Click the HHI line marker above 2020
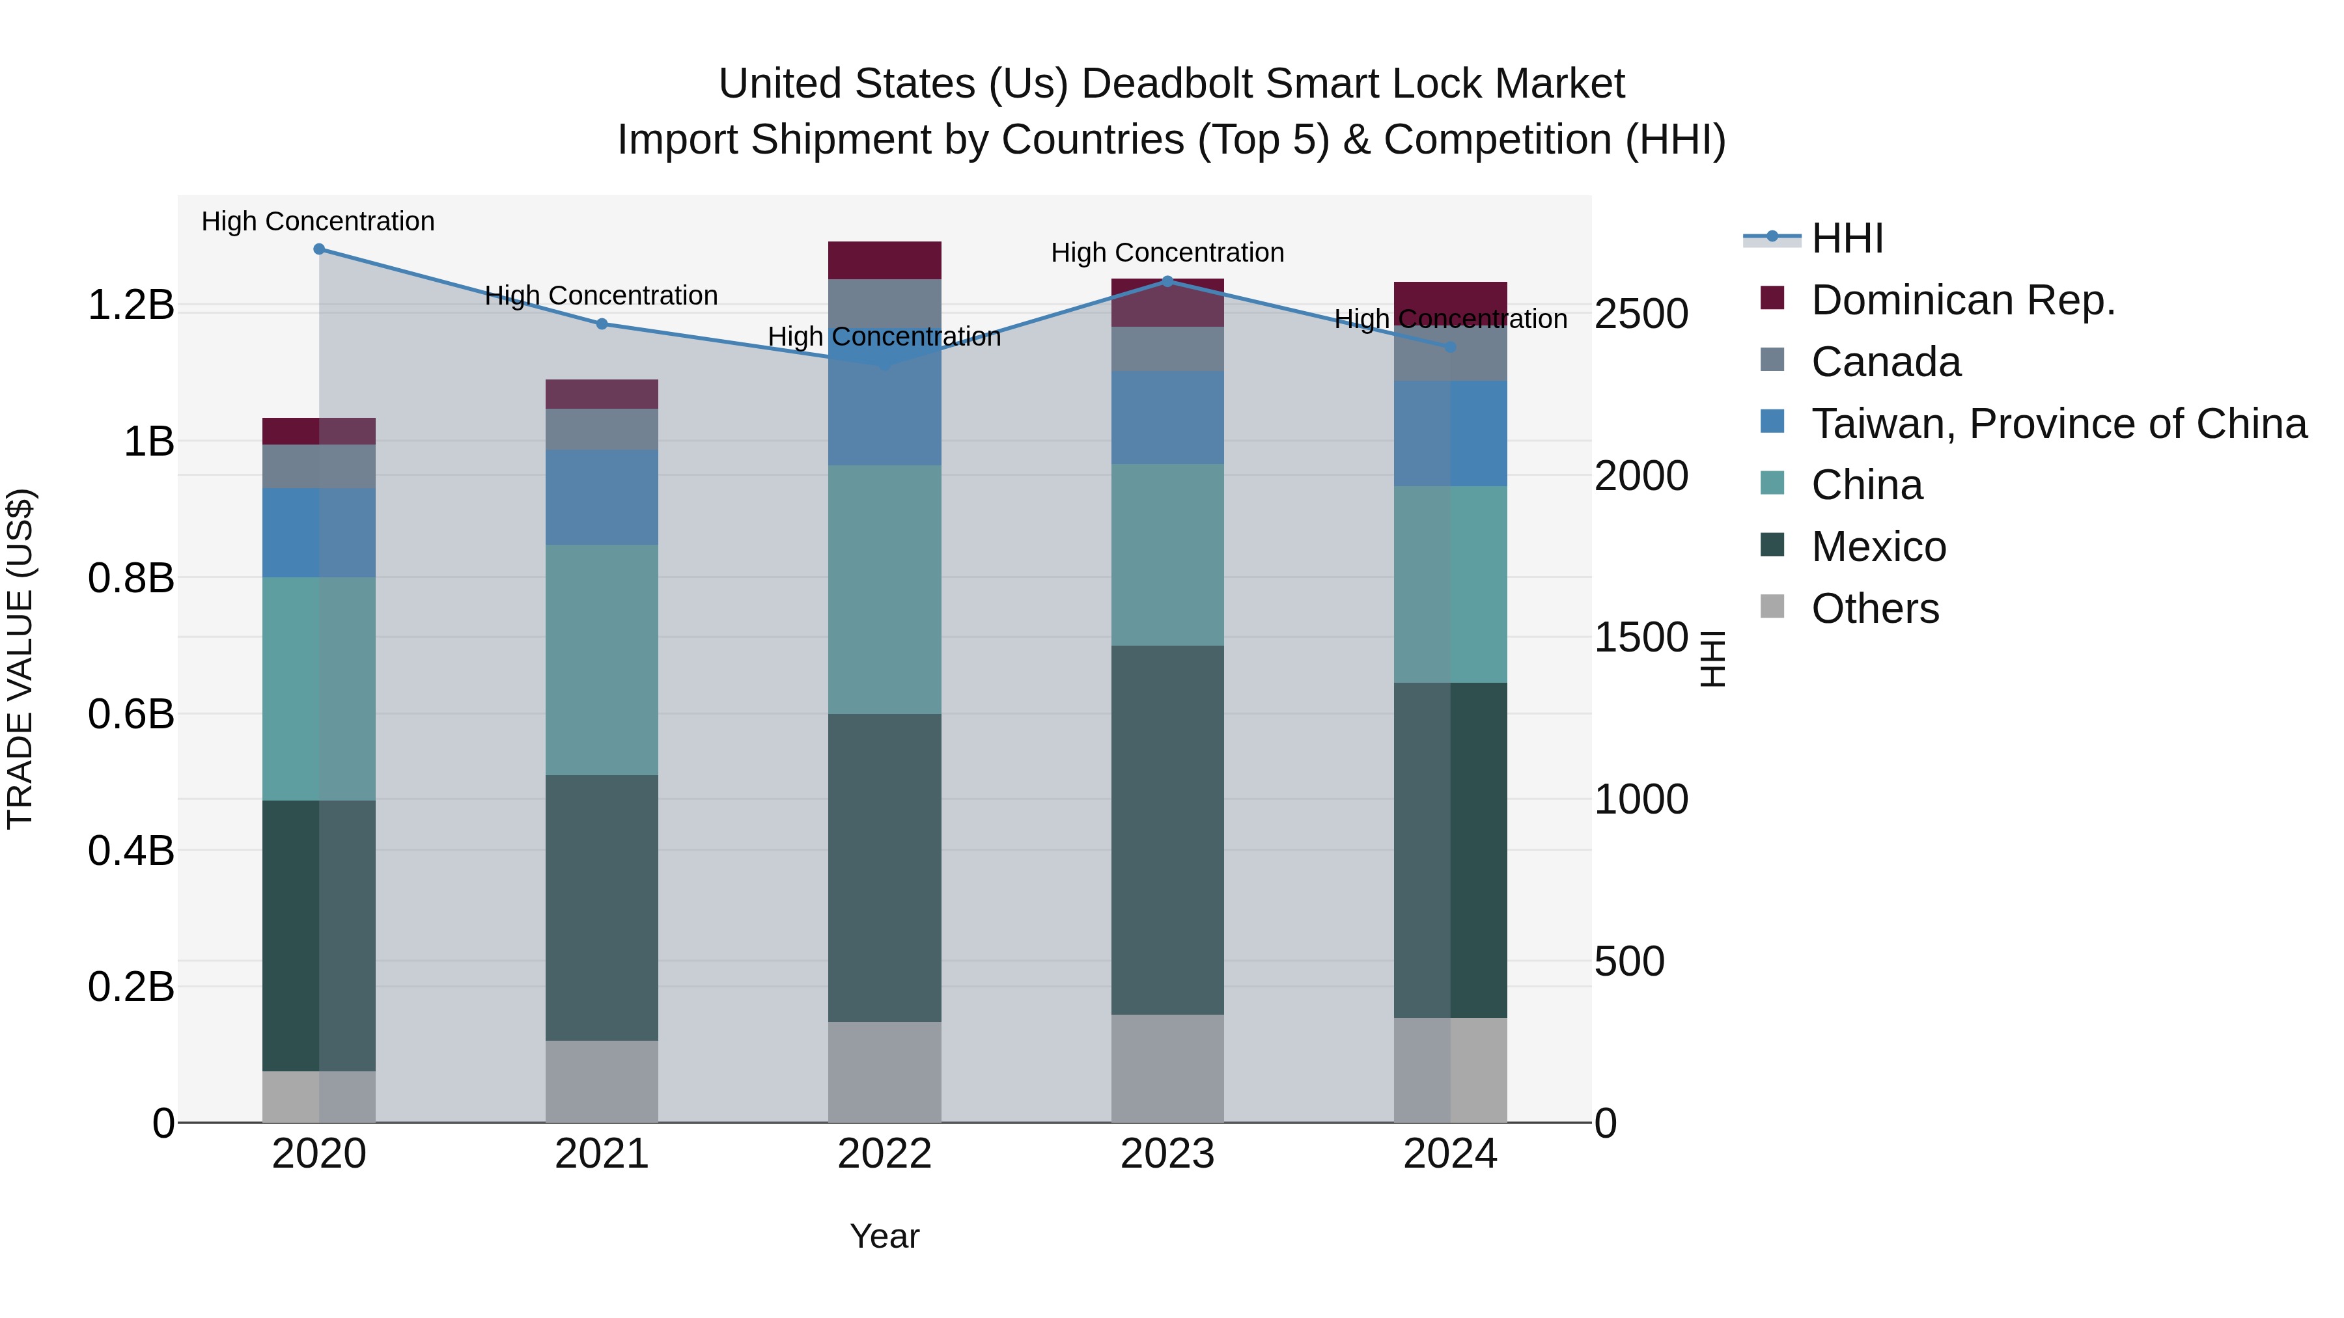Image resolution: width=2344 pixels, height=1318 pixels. pos(318,249)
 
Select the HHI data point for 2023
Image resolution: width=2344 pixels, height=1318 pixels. pos(1167,281)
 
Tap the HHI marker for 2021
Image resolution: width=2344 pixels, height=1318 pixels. pos(602,324)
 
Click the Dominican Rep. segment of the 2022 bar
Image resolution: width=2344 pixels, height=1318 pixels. pos(884,260)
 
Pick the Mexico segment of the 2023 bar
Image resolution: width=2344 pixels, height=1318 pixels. pos(1167,830)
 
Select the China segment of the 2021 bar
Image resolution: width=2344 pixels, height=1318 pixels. pos(602,659)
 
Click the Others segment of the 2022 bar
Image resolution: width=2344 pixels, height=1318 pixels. pos(884,1071)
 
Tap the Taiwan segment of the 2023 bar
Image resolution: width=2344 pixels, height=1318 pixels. pos(1167,417)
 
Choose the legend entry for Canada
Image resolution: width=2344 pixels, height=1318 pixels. pos(1886,362)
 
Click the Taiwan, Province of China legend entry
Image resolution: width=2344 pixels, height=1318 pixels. pos(2058,424)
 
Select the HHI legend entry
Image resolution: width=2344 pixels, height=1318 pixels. pos(1847,238)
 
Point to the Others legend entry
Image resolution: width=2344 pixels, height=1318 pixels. pos(1875,609)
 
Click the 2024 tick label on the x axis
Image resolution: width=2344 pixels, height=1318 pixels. pos(1449,1154)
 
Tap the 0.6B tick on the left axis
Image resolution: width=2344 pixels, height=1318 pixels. pos(131,714)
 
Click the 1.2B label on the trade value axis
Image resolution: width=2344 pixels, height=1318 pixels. pos(131,305)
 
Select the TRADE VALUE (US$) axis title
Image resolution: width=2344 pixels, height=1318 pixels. pos(20,659)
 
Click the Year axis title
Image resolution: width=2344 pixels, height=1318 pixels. pos(884,1236)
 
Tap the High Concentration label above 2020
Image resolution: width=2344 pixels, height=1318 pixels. pos(318,221)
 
